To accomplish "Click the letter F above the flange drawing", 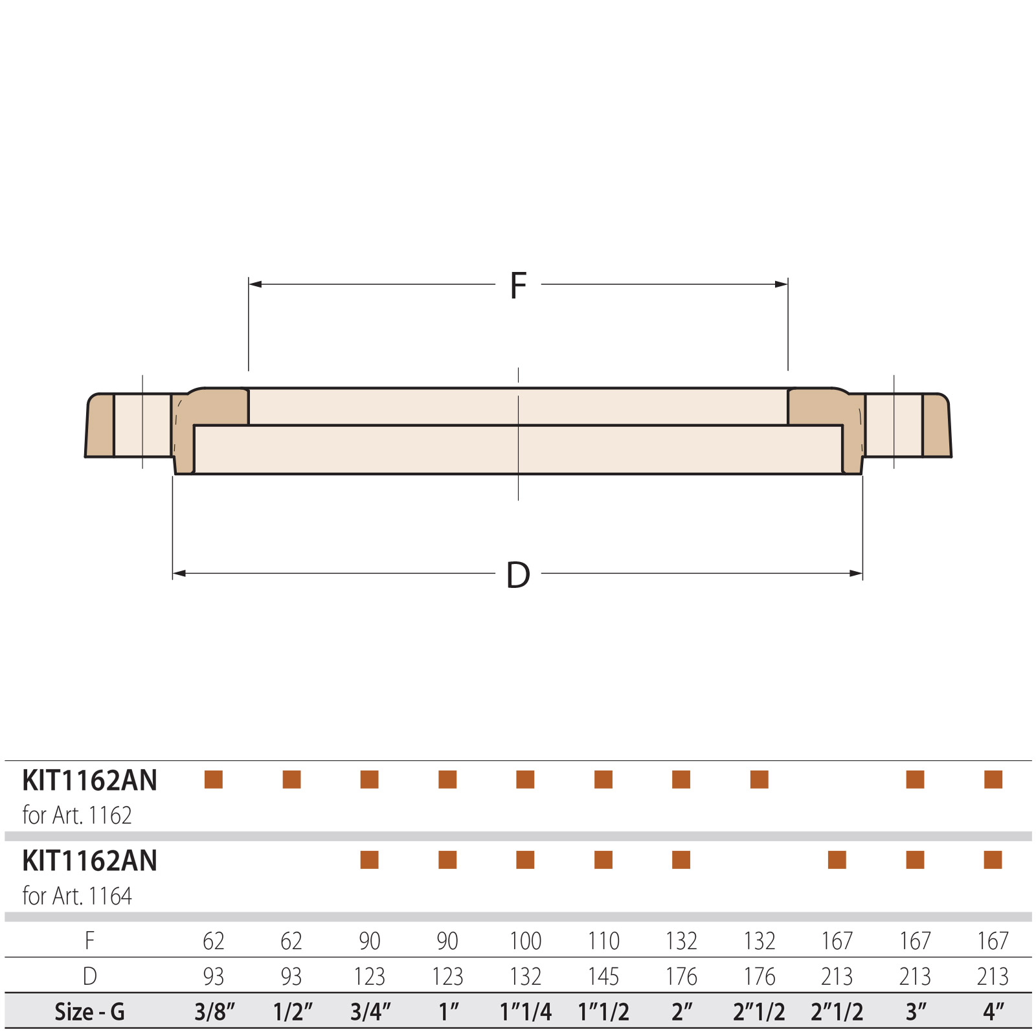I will (x=518, y=286).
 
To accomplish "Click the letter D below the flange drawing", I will (x=518, y=575).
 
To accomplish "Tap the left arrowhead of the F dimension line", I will (x=255, y=284).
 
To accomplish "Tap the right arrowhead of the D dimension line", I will (x=856, y=573).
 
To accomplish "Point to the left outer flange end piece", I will (x=100, y=425).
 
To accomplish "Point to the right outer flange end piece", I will (x=936, y=425).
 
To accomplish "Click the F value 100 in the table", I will (x=525, y=940).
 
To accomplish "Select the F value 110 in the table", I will (x=603, y=940).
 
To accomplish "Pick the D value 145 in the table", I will (x=603, y=976).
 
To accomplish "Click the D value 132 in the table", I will (x=525, y=976).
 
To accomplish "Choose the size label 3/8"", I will (x=214, y=1011).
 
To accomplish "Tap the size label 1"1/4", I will (x=525, y=1011).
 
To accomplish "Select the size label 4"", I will (x=993, y=1011).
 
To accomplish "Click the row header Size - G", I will (x=89, y=1011).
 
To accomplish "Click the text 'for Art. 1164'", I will (x=77, y=896).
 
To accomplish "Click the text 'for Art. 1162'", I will (x=77, y=815).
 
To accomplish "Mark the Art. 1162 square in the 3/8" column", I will (x=214, y=780).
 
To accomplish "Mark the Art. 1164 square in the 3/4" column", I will (x=369, y=860).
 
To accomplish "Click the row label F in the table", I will (x=89, y=940).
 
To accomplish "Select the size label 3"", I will (x=915, y=1011).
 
